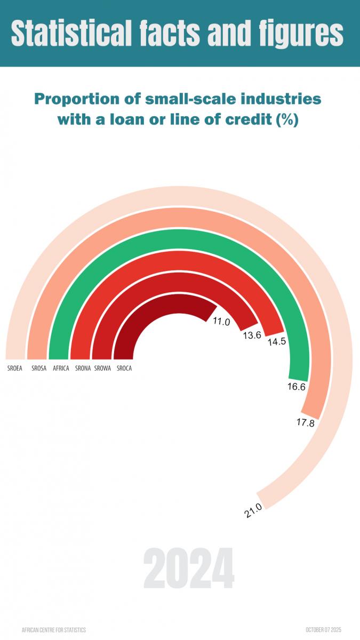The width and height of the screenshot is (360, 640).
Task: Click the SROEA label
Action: pos(15,368)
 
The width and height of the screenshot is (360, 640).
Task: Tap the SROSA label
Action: pos(38,368)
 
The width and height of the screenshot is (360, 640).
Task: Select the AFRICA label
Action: pos(61,368)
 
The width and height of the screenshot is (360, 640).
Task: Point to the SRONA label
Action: pos(83,368)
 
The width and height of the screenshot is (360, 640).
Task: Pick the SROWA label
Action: pos(102,368)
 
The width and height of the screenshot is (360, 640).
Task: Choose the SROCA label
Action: pos(124,368)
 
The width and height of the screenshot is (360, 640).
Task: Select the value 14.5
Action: pos(277,342)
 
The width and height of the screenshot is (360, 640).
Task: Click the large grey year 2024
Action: pos(188,569)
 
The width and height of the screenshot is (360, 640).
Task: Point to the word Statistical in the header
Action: pos(71,33)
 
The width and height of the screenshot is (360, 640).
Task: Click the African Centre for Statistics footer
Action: pos(53,630)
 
